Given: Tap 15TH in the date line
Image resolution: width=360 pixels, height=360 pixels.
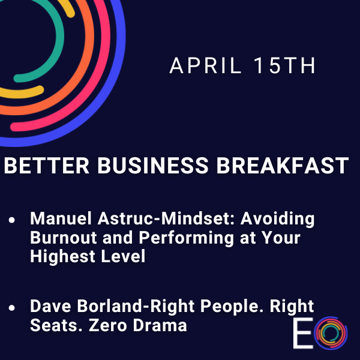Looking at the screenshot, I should tap(284, 67).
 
